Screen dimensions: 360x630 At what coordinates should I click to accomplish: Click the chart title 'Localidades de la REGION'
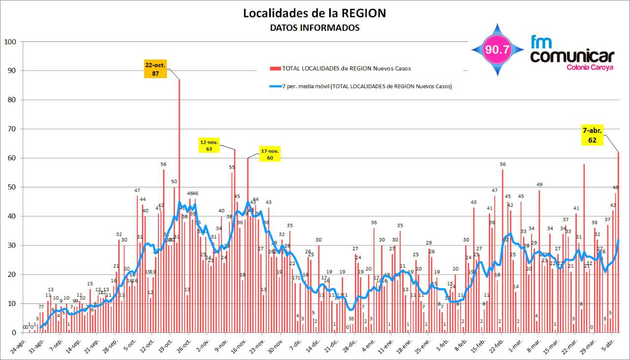(x=315, y=13)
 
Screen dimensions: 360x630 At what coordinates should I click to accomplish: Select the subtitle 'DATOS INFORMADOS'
(x=315, y=28)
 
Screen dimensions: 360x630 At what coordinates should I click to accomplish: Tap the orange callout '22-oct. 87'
(x=155, y=69)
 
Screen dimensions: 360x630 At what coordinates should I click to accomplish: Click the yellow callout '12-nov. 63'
(x=209, y=146)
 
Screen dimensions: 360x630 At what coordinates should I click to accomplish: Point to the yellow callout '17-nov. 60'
(x=270, y=154)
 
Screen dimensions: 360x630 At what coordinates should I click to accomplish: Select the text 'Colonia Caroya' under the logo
(x=590, y=67)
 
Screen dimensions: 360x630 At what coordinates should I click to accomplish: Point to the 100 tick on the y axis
(x=10, y=42)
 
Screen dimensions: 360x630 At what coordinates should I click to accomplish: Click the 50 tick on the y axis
(x=12, y=187)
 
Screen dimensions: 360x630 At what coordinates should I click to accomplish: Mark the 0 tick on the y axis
(x=14, y=333)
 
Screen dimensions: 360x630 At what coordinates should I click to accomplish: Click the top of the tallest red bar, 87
(x=179, y=80)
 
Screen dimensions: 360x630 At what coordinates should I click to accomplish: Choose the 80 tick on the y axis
(x=12, y=100)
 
